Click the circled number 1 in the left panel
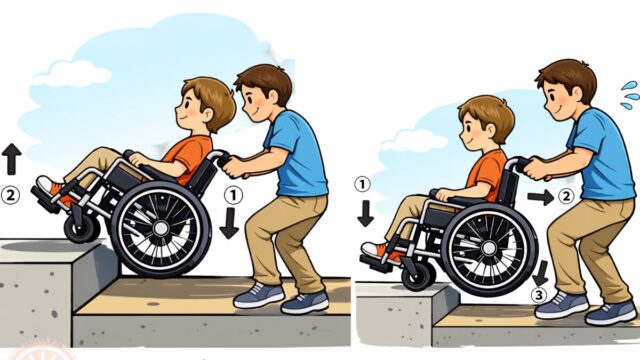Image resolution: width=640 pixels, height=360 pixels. click(233, 196)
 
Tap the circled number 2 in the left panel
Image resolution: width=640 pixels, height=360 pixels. click(10, 196)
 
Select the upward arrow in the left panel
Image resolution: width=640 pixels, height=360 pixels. click(11, 159)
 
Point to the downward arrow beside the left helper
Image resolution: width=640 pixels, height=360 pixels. click(229, 223)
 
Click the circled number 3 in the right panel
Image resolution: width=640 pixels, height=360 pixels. click(540, 296)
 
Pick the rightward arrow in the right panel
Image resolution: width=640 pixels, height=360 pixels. click(541, 198)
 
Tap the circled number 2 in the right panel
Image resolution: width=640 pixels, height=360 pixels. click(566, 197)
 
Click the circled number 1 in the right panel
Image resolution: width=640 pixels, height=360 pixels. click(362, 185)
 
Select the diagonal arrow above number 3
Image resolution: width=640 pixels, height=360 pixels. click(541, 273)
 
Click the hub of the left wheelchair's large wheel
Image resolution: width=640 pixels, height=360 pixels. click(161, 228)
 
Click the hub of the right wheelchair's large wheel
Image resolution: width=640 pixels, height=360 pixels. click(489, 248)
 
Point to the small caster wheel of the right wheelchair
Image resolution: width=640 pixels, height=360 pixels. click(419, 276)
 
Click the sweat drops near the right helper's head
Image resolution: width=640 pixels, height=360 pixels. click(630, 96)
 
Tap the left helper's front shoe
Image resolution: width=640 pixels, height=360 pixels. click(259, 295)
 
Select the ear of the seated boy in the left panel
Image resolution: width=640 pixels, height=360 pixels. click(207, 115)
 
